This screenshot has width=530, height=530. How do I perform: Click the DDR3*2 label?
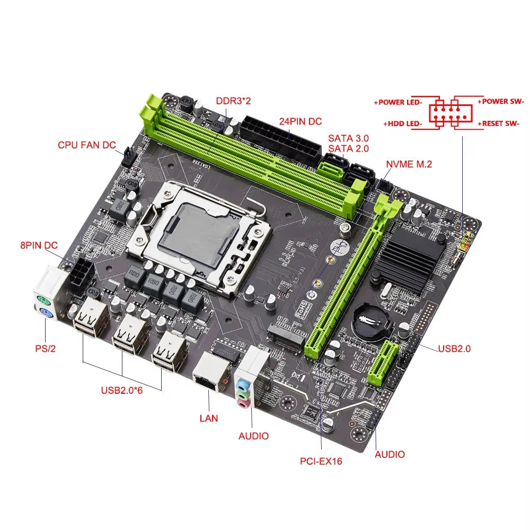pos(236,101)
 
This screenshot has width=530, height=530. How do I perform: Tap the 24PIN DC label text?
pos(301,121)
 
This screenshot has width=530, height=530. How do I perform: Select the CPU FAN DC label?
pos(87,145)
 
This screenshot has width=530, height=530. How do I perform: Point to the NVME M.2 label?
pos(409,164)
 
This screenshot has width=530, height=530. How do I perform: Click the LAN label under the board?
pos(209,418)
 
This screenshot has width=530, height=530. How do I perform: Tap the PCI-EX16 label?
pos(321,461)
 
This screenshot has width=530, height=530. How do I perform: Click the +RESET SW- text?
pos(499,123)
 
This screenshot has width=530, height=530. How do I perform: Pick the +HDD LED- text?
pos(402,123)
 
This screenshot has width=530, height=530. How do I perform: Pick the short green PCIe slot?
pos(384,363)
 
